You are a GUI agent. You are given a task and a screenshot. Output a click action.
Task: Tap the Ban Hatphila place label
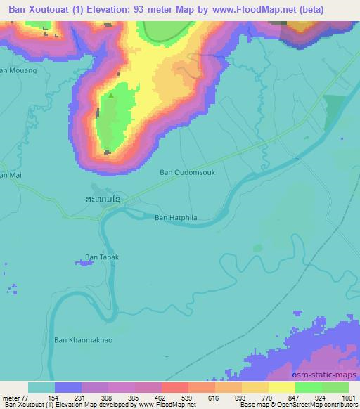pos(176,218)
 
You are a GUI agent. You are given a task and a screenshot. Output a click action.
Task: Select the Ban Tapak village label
pos(102,257)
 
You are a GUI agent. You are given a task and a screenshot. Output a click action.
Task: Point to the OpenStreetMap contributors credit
pos(316,405)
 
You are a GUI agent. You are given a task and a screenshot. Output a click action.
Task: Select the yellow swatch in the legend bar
pos(282,387)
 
